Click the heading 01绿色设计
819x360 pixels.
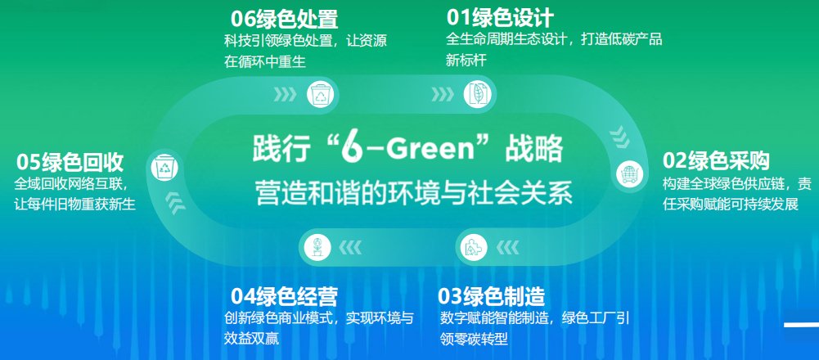click(500, 17)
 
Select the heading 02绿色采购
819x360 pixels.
click(716, 160)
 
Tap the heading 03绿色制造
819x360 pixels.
click(492, 295)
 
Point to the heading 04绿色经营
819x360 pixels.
click(284, 295)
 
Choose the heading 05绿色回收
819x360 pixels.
click(70, 160)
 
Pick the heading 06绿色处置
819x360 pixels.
click(284, 18)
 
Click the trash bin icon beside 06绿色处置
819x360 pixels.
click(318, 95)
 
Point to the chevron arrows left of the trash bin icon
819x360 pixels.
click(285, 95)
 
